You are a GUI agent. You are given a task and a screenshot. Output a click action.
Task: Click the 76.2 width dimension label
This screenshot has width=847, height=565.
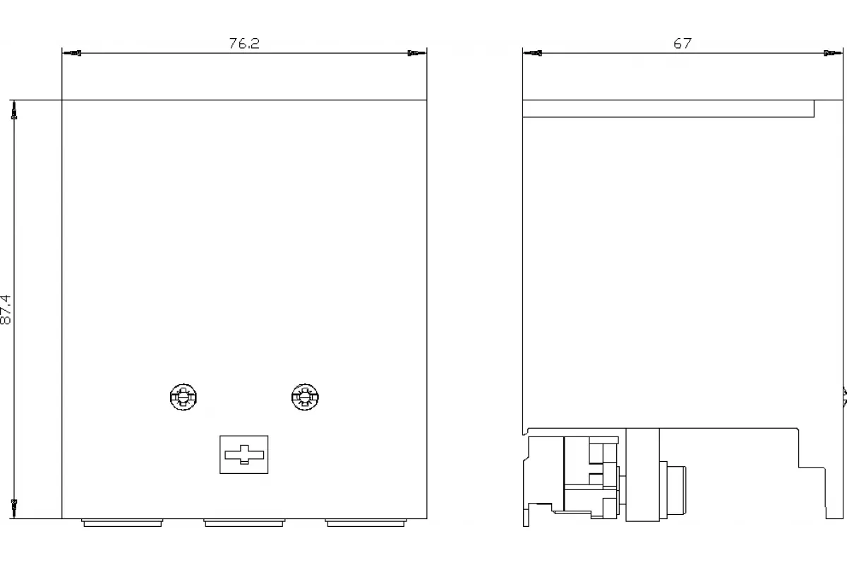pyautogui.click(x=244, y=44)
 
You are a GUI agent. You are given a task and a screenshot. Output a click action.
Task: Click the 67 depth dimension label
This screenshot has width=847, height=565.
pyautogui.click(x=682, y=44)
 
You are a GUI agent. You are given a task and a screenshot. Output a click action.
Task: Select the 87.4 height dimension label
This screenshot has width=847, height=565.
pyautogui.click(x=6, y=309)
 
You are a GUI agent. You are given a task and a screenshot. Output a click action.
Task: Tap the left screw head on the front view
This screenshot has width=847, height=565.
pyautogui.click(x=184, y=397)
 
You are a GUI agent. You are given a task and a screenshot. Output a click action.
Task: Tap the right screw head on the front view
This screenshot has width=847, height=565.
pyautogui.click(x=305, y=397)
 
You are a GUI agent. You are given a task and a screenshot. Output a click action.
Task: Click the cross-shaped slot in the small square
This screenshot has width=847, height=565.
pyautogui.click(x=244, y=455)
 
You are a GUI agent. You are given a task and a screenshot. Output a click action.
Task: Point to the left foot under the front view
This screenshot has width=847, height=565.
pyautogui.click(x=122, y=523)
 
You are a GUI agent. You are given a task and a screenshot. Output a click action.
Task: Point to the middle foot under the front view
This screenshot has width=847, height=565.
pyautogui.click(x=244, y=523)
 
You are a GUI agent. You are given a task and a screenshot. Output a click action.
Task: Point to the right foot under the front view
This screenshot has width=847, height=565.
pyautogui.click(x=366, y=523)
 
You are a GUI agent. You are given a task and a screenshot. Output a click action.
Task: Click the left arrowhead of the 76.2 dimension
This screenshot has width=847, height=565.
pyautogui.click(x=71, y=53)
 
